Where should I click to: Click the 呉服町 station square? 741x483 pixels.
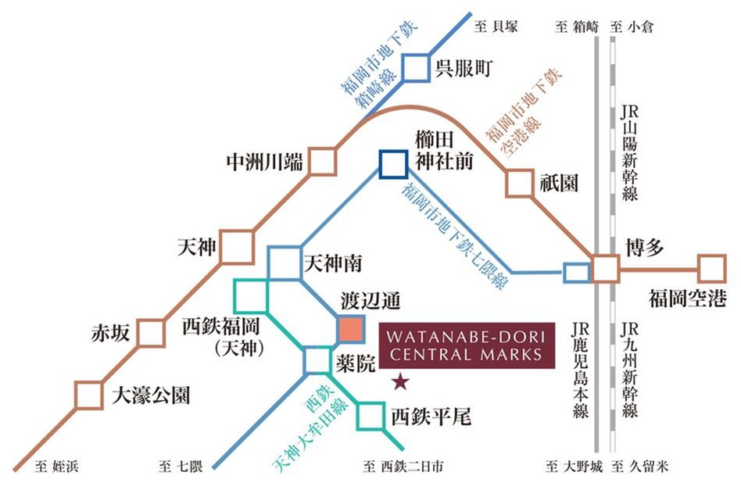[x=416, y=68]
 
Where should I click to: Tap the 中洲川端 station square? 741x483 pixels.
[x=322, y=163]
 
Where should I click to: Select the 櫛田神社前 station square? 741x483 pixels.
[x=392, y=163]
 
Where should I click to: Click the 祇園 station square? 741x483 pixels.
[x=519, y=183]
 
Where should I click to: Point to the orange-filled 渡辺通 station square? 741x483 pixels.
[x=351, y=329]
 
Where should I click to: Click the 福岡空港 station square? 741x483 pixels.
[x=711, y=268]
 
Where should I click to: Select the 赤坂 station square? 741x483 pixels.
[x=152, y=332]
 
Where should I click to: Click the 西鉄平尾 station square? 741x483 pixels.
[x=370, y=417]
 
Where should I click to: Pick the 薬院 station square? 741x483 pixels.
[x=317, y=360]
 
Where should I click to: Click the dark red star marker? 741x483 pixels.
[x=400, y=382]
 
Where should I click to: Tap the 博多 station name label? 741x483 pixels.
[x=644, y=249]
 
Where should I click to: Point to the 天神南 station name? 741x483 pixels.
[x=331, y=263]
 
